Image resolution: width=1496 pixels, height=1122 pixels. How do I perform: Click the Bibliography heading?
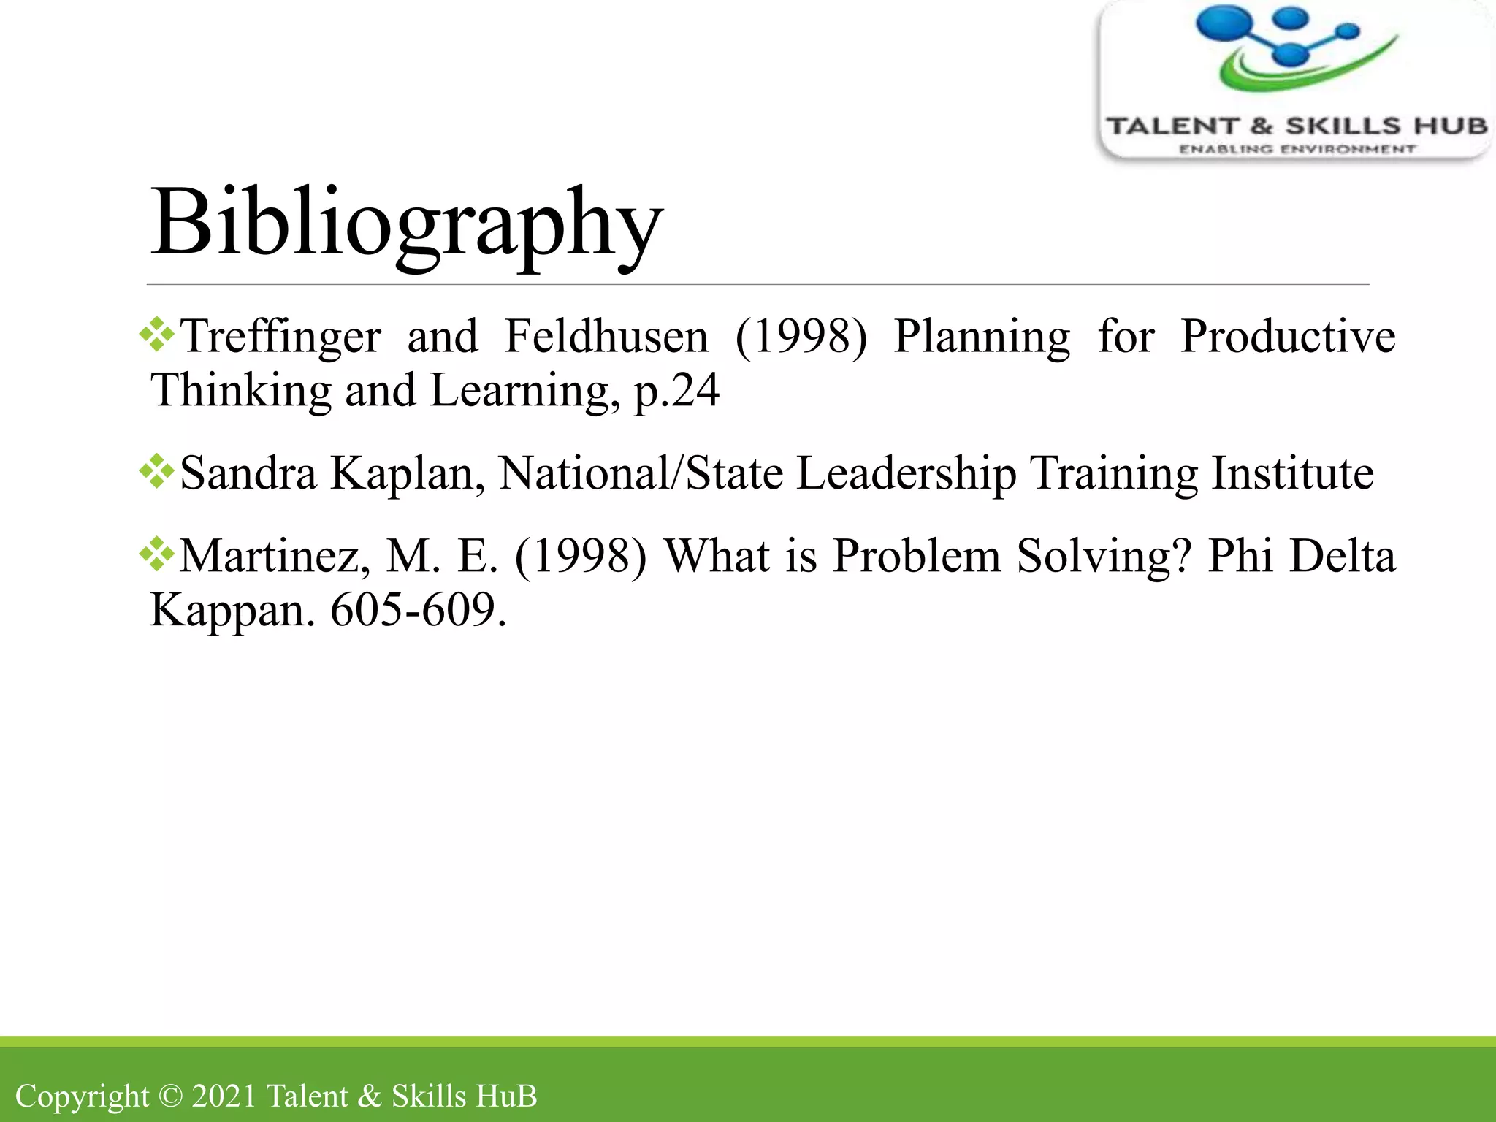click(406, 223)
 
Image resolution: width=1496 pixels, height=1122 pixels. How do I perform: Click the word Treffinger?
click(280, 337)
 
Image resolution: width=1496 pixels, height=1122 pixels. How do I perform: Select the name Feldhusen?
click(606, 337)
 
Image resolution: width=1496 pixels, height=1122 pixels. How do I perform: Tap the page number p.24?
click(676, 391)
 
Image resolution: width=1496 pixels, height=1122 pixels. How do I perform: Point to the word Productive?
click(1288, 337)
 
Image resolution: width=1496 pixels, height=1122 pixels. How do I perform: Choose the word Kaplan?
click(408, 473)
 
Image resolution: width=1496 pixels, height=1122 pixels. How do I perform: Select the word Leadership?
click(906, 473)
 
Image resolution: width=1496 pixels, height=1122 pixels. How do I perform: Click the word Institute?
click(1292, 473)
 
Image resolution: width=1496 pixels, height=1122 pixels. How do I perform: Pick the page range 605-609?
click(418, 610)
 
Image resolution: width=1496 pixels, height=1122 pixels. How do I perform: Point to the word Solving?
click(1104, 557)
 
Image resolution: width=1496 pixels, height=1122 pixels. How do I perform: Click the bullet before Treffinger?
click(157, 336)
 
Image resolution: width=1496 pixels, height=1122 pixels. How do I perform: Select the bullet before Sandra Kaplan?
click(157, 472)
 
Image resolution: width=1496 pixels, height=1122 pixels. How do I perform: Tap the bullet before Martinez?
click(157, 555)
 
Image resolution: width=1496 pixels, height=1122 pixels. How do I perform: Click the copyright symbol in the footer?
click(170, 1096)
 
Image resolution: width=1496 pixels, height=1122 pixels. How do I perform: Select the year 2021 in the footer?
click(224, 1096)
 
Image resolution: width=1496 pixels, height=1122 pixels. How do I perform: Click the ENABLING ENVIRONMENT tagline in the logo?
click(1297, 149)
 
